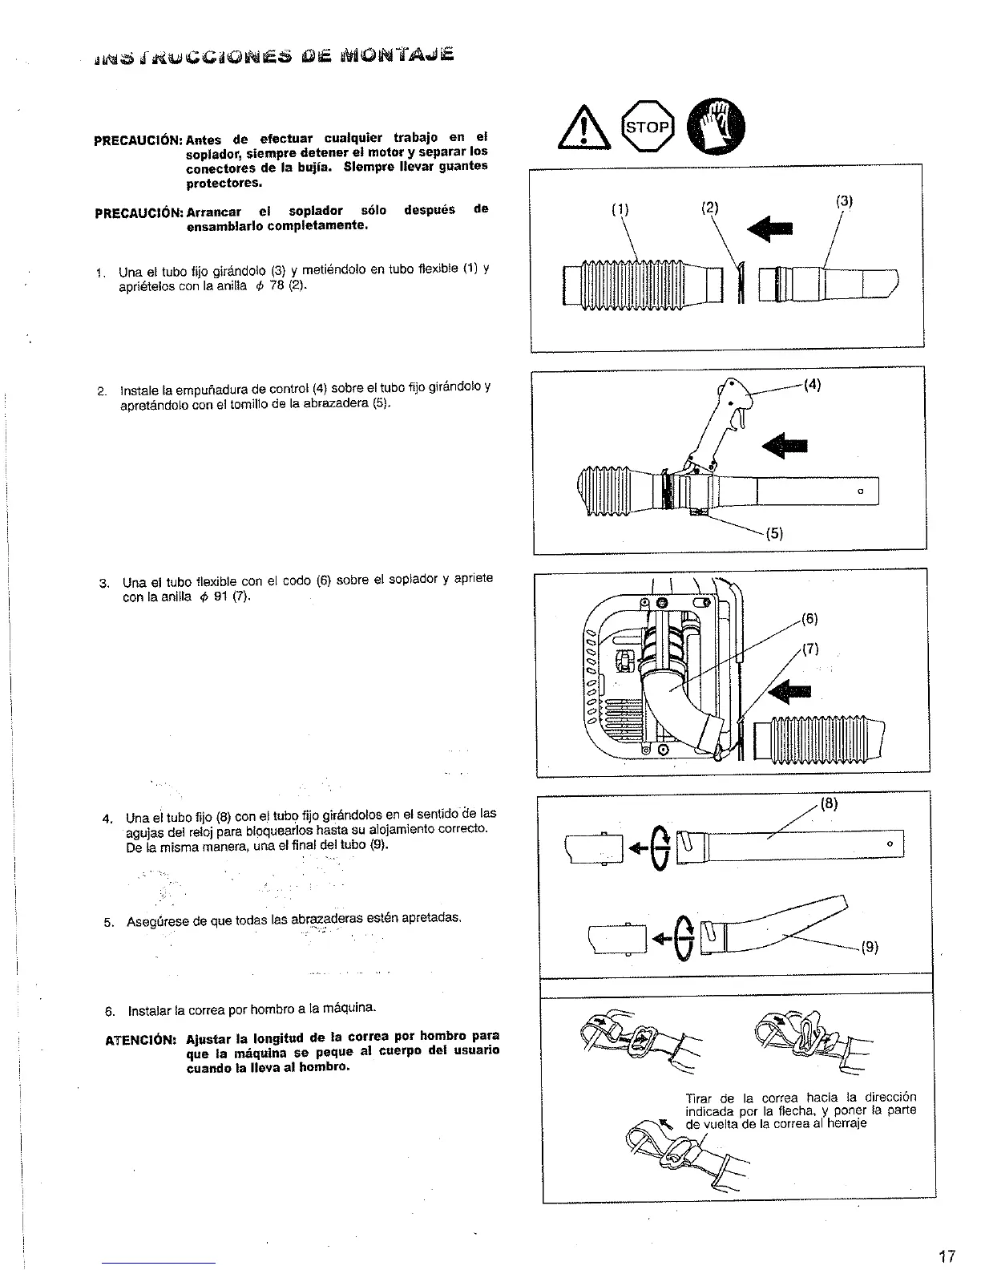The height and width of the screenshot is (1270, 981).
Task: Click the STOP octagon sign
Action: point(646,127)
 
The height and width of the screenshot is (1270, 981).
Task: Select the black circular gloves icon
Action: point(717,126)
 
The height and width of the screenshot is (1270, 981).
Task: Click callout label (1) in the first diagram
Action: point(620,211)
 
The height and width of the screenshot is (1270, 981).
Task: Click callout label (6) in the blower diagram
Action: point(809,618)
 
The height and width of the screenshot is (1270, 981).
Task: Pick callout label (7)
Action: point(810,649)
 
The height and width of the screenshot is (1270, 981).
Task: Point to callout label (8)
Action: point(829,803)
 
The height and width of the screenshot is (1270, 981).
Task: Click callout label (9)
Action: point(870,946)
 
